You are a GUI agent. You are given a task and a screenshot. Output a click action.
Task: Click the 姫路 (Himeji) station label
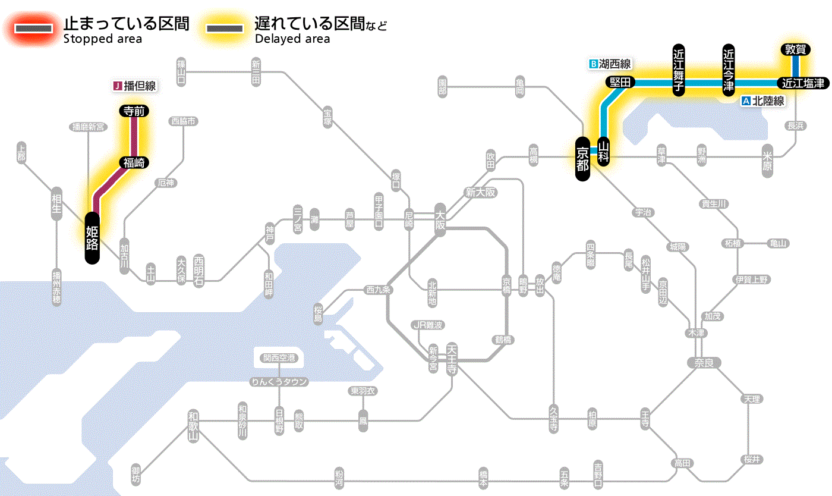pyautogui.click(x=92, y=238)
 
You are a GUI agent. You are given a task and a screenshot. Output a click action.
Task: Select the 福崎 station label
pyautogui.click(x=134, y=162)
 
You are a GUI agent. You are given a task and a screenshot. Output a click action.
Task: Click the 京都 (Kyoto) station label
pyautogui.click(x=582, y=158)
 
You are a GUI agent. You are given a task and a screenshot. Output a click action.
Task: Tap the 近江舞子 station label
pyautogui.click(x=679, y=70)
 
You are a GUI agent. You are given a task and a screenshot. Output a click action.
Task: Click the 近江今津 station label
pyautogui.click(x=729, y=70)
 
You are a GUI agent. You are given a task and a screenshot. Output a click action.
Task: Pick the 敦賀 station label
pyautogui.click(x=795, y=50)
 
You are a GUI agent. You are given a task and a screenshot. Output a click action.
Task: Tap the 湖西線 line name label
pyautogui.click(x=610, y=64)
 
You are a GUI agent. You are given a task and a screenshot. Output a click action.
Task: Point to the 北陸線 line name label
pyautogui.click(x=764, y=101)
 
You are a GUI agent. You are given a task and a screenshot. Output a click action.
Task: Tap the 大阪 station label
pyautogui.click(x=440, y=219)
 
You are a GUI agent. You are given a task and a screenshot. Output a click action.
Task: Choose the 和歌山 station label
pyautogui.click(x=193, y=426)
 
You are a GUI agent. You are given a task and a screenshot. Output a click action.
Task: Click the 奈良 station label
pyautogui.click(x=703, y=362)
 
